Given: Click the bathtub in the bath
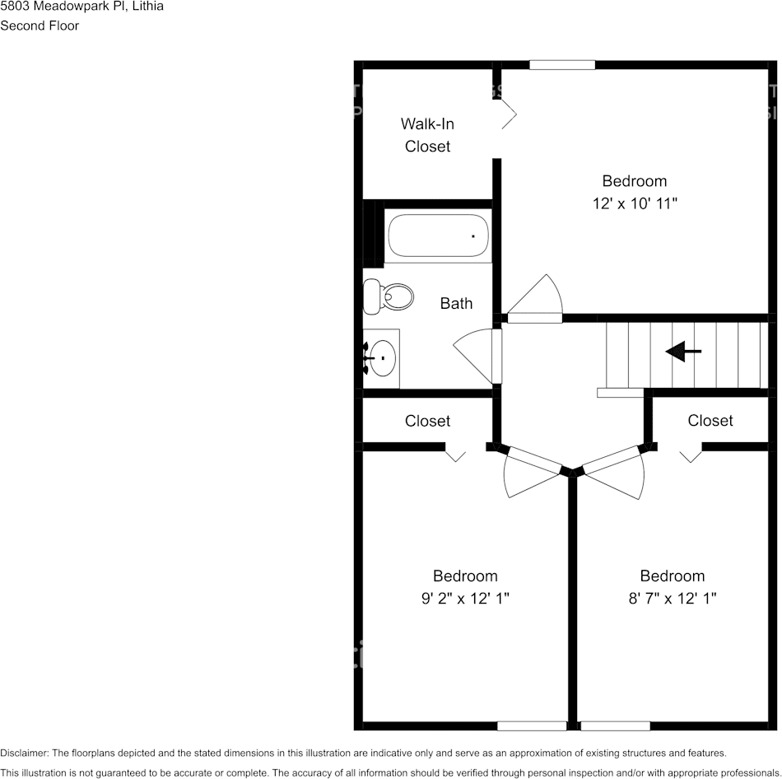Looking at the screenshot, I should coord(438,236).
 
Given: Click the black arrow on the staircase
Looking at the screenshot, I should coord(683,352).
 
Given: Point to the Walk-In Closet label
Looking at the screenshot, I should coord(427,135).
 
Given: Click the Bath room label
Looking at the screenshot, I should coord(456,303).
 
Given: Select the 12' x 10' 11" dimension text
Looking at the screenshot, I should coord(634,203).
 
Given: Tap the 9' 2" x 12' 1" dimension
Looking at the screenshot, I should coord(465,599).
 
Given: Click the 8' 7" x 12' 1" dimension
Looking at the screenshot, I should coord(673,599).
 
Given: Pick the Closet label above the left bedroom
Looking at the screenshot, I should coord(427,421).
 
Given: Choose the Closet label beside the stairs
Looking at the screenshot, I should coord(710,420).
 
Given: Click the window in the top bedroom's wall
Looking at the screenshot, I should coord(562,64).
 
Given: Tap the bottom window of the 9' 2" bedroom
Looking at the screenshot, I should coord(532,725).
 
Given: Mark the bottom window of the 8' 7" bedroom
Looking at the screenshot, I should coord(615,725).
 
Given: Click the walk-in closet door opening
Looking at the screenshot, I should coord(506,115).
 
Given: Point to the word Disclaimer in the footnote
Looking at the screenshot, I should coord(25,753).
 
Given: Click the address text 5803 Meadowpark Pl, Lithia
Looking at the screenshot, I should coord(81,7).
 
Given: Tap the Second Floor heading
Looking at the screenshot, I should coord(40,26).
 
